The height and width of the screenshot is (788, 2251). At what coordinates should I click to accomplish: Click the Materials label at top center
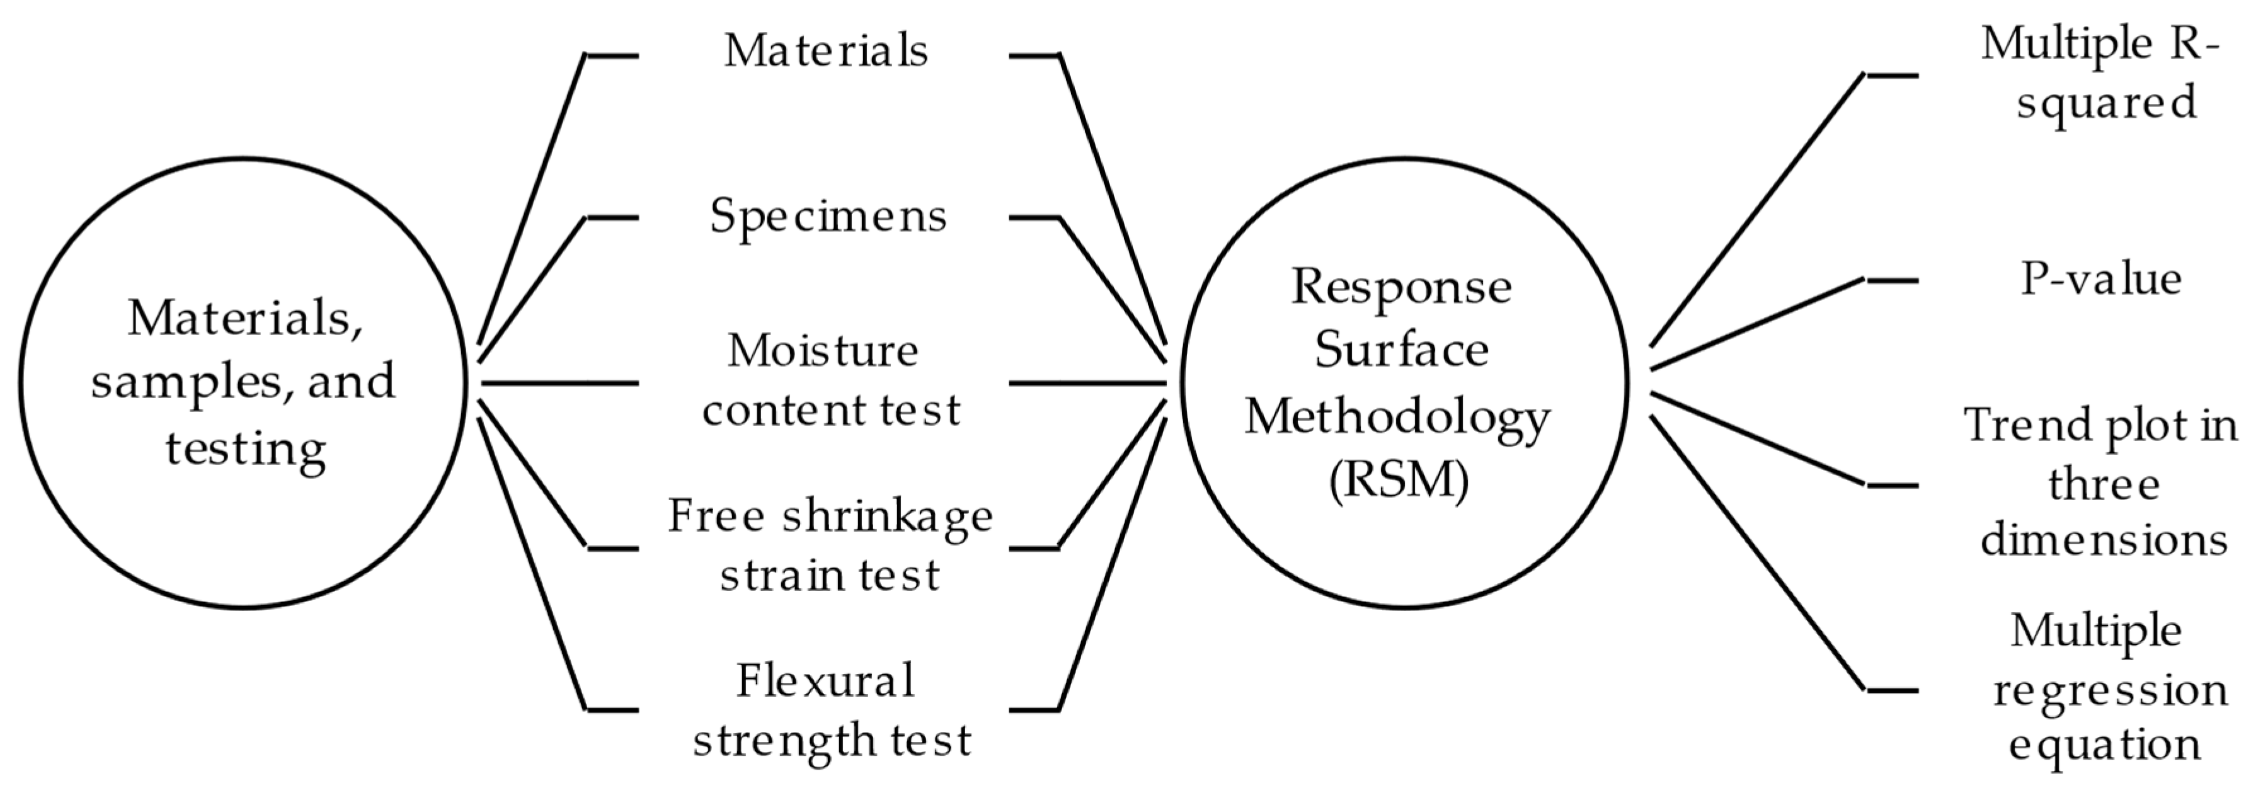point(826,50)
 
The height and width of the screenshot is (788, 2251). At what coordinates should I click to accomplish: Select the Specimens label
point(828,216)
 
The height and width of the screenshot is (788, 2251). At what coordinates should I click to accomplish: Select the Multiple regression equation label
point(2106,688)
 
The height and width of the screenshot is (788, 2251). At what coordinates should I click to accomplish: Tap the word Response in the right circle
point(1400,286)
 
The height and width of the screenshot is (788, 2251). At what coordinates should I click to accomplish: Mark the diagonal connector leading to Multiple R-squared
point(1756,210)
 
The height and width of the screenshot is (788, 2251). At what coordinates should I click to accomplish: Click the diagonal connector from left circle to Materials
point(531,200)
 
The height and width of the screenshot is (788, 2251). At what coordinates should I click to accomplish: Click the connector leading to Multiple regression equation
point(1756,553)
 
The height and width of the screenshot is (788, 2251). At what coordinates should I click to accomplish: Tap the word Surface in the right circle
point(1400,350)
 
